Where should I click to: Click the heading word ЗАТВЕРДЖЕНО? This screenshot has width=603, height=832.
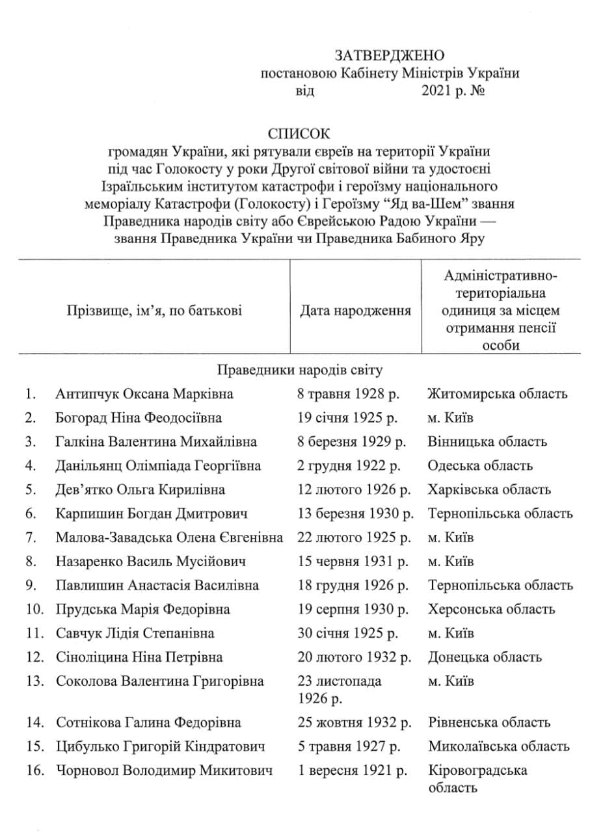tap(390, 55)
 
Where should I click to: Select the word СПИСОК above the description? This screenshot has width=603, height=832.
tap(299, 134)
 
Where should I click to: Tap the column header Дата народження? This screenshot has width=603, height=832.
tap(355, 311)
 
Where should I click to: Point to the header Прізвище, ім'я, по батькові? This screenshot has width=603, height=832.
tap(154, 311)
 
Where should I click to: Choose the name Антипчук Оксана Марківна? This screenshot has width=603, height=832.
tap(144, 394)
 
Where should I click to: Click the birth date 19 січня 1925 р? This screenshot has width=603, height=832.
tap(348, 418)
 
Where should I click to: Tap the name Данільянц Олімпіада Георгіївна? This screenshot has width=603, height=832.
tap(159, 466)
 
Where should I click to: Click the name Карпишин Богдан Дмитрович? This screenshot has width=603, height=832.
tap(152, 513)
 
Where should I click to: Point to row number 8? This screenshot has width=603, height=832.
tap(31, 561)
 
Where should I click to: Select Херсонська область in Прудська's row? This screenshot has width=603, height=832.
tap(492, 609)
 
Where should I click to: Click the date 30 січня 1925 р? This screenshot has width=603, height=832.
tap(348, 633)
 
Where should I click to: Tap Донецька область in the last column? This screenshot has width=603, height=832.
tap(485, 657)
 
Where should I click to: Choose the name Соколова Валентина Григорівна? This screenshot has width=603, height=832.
tap(160, 681)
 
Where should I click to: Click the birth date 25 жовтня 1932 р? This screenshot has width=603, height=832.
tap(355, 722)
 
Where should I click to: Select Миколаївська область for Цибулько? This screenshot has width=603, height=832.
tap(499, 746)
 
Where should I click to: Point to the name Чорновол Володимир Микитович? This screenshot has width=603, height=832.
tap(165, 770)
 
